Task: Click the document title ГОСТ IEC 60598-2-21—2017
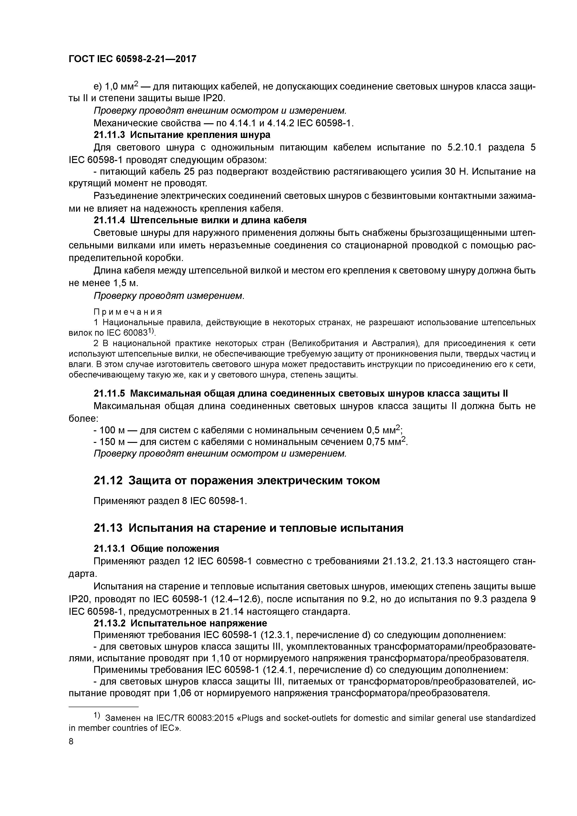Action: pos(132,59)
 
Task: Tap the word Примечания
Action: pos(128,312)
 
